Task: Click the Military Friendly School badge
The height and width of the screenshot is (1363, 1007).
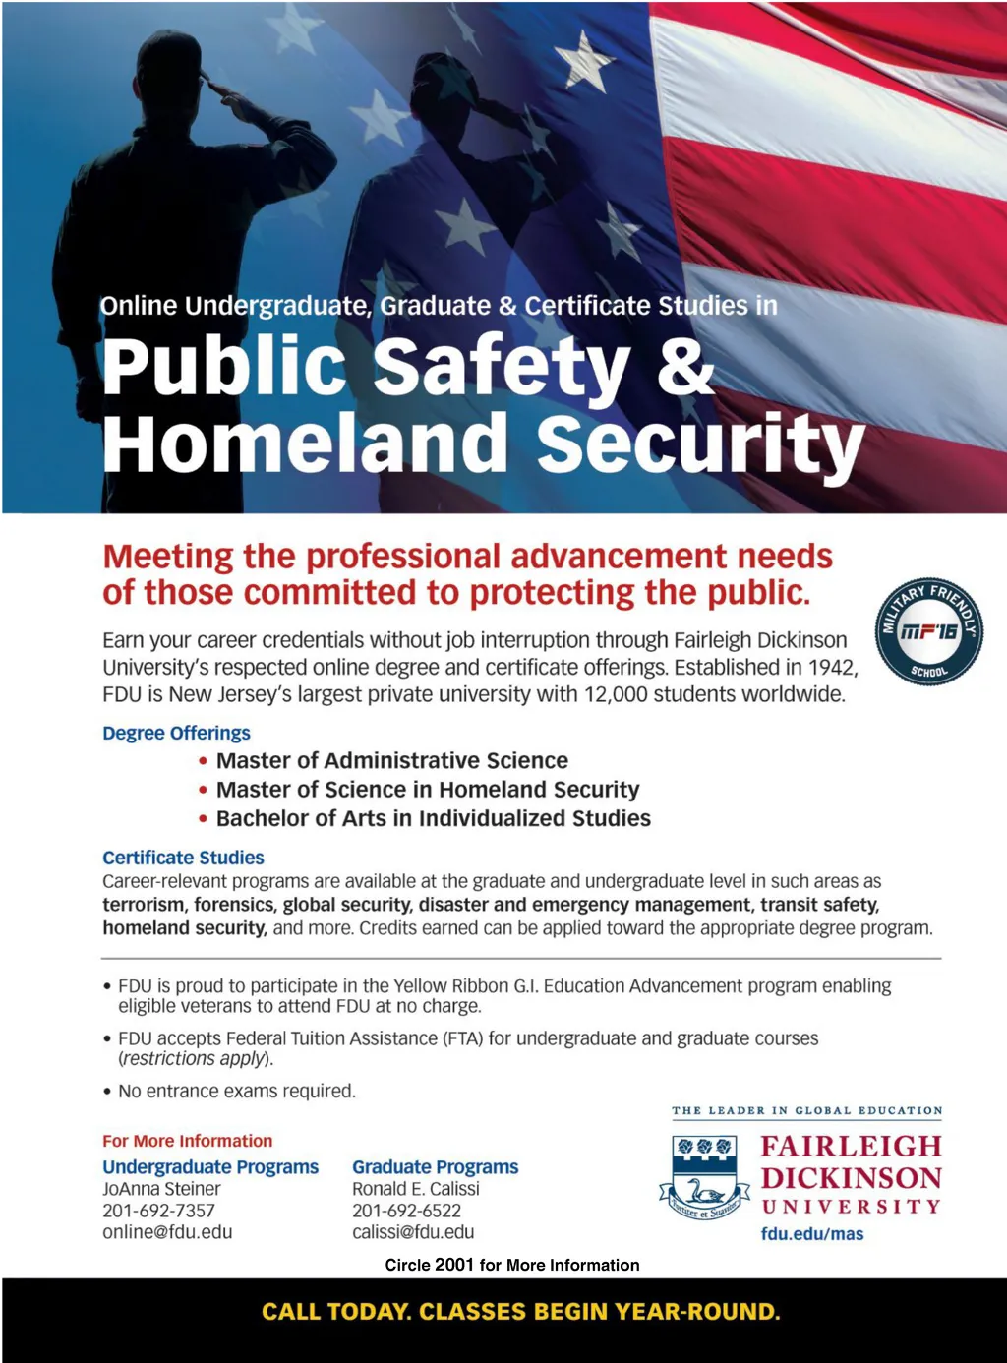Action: pyautogui.click(x=928, y=631)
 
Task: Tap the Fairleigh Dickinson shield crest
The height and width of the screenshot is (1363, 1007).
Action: pyautogui.click(x=704, y=1176)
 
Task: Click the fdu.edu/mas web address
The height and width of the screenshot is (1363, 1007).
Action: pyautogui.click(x=811, y=1234)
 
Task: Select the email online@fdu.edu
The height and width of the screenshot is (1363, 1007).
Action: pyautogui.click(x=167, y=1232)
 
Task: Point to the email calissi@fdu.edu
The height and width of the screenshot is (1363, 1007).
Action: pyautogui.click(x=413, y=1232)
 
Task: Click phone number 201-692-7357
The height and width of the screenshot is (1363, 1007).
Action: pyautogui.click(x=158, y=1211)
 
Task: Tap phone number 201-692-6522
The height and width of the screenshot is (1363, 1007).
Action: pyautogui.click(x=406, y=1211)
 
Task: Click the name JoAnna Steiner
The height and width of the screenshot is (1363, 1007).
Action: pyautogui.click(x=161, y=1189)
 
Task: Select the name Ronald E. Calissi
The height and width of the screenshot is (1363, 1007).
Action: pyautogui.click(x=416, y=1189)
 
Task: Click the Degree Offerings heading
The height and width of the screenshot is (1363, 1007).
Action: pyautogui.click(x=176, y=733)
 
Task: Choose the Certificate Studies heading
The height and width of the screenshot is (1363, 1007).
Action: pyautogui.click(x=183, y=858)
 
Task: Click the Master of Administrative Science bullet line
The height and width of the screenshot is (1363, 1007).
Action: pyautogui.click(x=391, y=760)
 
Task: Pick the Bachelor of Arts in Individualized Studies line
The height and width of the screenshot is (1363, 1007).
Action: pyautogui.click(x=433, y=818)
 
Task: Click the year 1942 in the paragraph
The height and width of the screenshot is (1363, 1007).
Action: pyautogui.click(x=831, y=667)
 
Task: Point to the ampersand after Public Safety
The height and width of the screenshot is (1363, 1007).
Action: pyautogui.click(x=684, y=366)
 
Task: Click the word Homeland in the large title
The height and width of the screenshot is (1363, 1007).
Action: pyautogui.click(x=305, y=444)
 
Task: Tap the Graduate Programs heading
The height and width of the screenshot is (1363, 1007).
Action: pyautogui.click(x=435, y=1167)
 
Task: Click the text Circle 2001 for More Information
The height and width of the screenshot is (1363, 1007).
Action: pyautogui.click(x=511, y=1265)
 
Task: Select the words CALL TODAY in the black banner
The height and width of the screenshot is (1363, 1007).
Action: pyautogui.click(x=335, y=1312)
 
